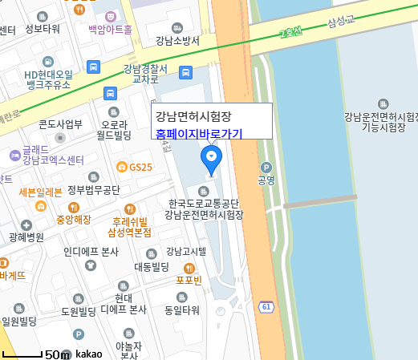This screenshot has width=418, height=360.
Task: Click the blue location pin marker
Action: point(212,158)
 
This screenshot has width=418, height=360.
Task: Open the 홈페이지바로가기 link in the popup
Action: point(198,134)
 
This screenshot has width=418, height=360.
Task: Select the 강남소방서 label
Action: point(177,40)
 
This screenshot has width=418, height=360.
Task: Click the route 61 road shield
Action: point(266,307)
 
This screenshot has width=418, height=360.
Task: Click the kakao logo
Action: point(88,354)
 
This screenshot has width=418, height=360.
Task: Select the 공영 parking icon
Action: point(266,168)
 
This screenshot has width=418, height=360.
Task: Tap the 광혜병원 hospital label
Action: point(26,214)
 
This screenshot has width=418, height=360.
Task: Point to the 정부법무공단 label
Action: point(93,190)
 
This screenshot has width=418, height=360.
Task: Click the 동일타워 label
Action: point(181,309)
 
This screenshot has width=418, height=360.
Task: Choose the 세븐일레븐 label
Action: point(40,192)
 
